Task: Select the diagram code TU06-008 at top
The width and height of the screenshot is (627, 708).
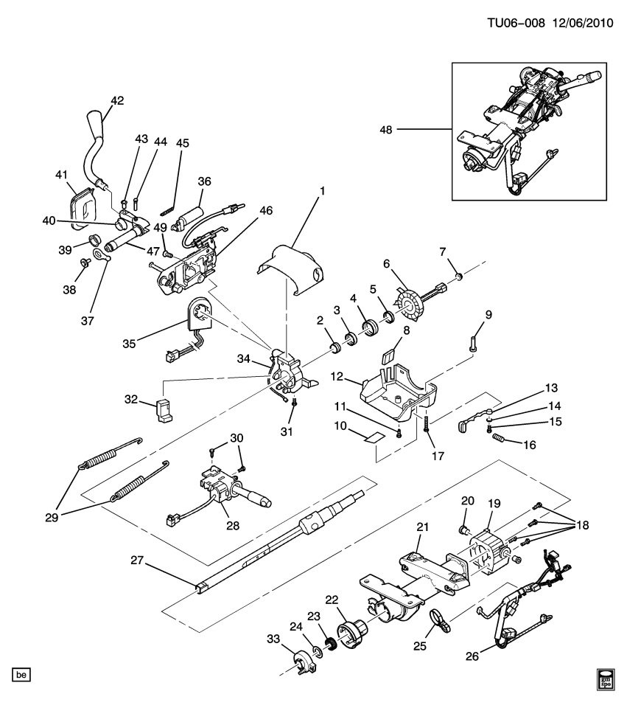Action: (515, 23)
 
